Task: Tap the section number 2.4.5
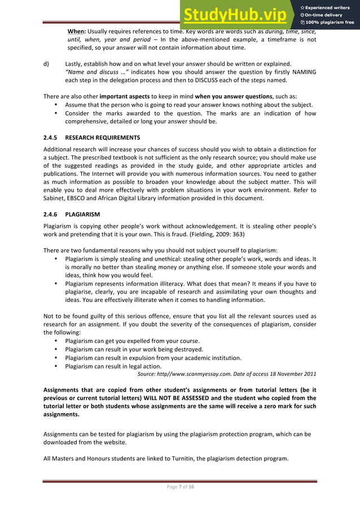pyautogui.click(x=52, y=137)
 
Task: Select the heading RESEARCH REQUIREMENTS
pyautogui.click(x=103, y=137)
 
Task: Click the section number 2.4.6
pyautogui.click(x=52, y=215)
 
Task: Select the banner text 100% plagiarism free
pyautogui.click(x=328, y=23)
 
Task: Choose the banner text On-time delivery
pyautogui.click(x=325, y=14)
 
